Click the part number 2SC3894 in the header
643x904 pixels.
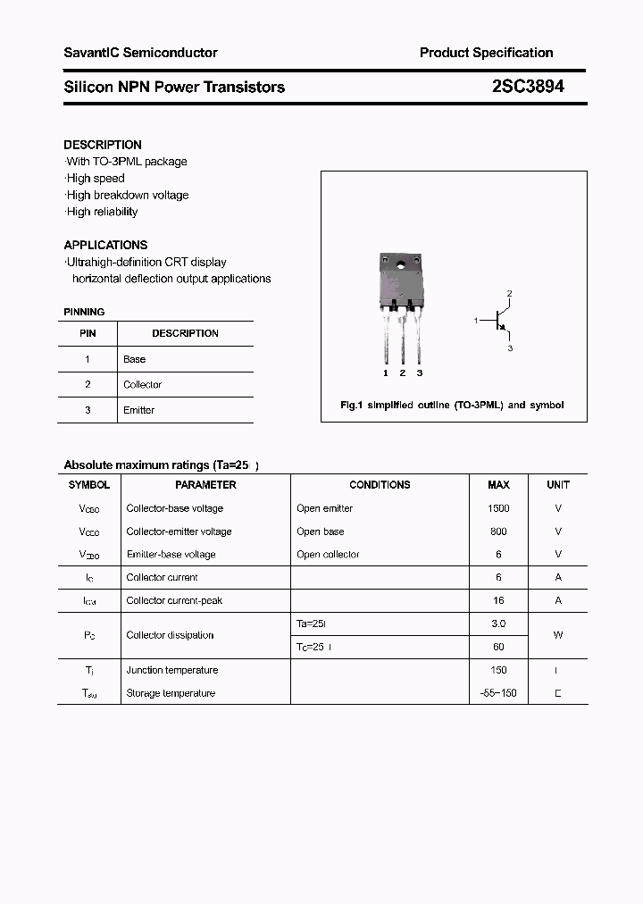pyautogui.click(x=528, y=88)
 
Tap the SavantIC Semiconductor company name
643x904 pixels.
pyautogui.click(x=140, y=53)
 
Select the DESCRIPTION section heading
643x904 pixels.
pyautogui.click(x=103, y=145)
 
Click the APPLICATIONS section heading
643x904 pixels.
pyautogui.click(x=105, y=245)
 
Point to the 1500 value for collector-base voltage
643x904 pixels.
pyautogui.click(x=498, y=508)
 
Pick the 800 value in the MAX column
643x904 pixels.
pyautogui.click(x=498, y=532)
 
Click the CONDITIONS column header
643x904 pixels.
pyautogui.click(x=380, y=485)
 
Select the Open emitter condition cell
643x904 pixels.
pyautogui.click(x=324, y=508)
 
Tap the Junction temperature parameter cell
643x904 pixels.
pyautogui.click(x=171, y=670)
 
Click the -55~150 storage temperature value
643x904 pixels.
pyautogui.click(x=498, y=693)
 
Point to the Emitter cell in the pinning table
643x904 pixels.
pyautogui.click(x=138, y=410)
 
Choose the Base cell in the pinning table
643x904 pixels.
pyautogui.click(x=134, y=359)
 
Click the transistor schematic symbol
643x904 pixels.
pyautogui.click(x=500, y=320)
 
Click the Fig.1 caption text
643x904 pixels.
pyautogui.click(x=452, y=406)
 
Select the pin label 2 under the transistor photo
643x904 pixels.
pyautogui.click(x=403, y=372)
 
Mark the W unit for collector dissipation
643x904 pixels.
pyautogui.click(x=558, y=635)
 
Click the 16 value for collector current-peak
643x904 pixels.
pyautogui.click(x=498, y=601)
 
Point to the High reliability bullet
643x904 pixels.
pyautogui.click(x=101, y=212)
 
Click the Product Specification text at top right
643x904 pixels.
pyautogui.click(x=486, y=53)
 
